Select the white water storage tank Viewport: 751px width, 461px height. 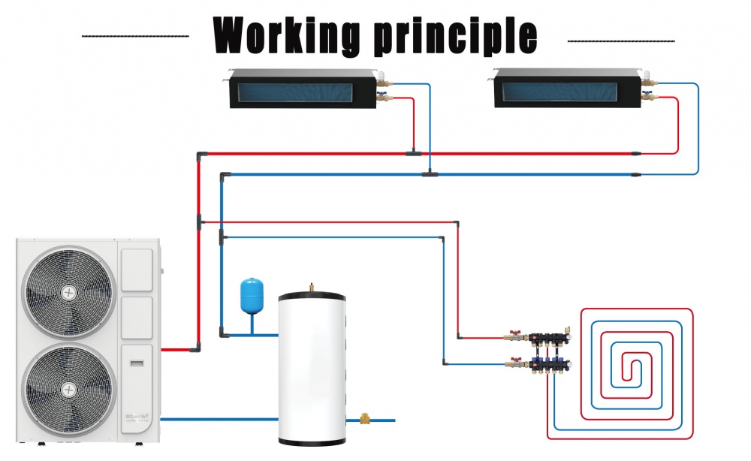click(312, 368)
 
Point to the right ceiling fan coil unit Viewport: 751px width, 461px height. click(568, 88)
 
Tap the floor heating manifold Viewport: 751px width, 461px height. click(545, 351)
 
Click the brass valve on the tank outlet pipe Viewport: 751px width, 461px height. click(366, 419)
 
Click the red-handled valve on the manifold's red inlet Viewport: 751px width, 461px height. click(516, 336)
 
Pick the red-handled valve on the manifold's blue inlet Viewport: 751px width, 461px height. click(516, 363)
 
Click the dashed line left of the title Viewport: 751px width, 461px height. click(134, 35)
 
